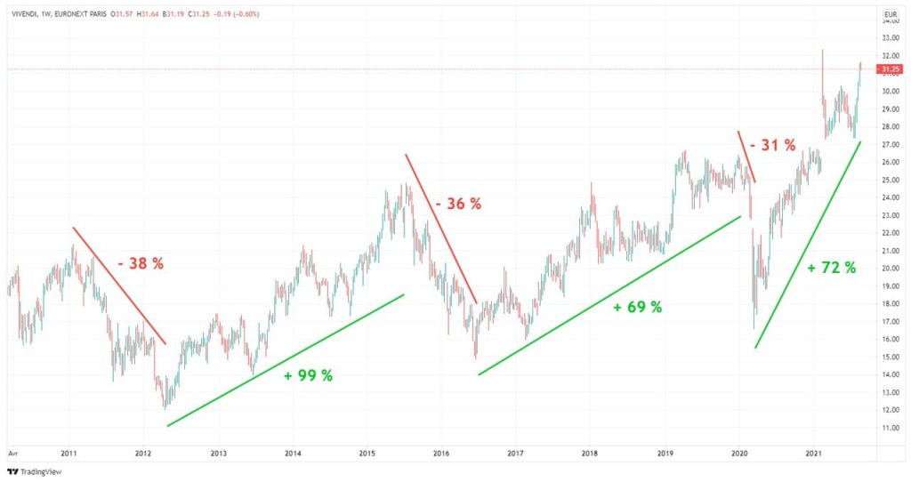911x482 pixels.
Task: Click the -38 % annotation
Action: (x=141, y=263)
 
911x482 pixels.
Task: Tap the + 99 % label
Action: (x=308, y=375)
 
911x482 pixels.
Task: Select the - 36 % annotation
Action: (x=458, y=204)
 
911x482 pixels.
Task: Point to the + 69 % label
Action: (x=638, y=307)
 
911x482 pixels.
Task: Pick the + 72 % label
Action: (x=832, y=267)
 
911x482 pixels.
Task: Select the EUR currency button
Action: (x=889, y=14)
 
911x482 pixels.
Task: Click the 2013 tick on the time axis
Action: (x=218, y=453)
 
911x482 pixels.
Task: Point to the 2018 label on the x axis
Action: (x=589, y=453)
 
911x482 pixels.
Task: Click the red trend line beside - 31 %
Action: (x=746, y=157)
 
